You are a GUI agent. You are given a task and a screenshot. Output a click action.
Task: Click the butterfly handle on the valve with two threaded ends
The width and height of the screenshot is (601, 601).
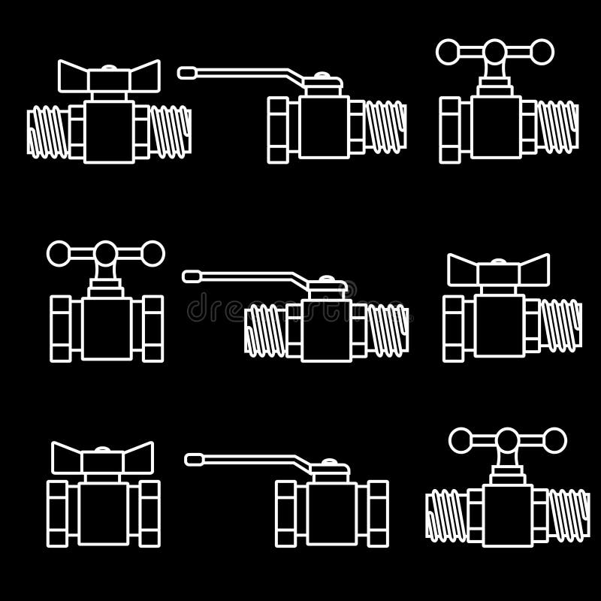point(110,76)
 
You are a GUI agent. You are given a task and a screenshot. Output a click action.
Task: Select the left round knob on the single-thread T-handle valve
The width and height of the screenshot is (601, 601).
point(448,52)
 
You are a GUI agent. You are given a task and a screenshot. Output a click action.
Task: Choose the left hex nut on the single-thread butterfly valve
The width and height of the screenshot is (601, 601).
point(454,329)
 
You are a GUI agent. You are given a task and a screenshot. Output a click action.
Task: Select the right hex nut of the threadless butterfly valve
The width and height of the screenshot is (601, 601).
point(149,513)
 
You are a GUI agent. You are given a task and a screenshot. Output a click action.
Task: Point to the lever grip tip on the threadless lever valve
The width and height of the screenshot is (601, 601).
point(195,458)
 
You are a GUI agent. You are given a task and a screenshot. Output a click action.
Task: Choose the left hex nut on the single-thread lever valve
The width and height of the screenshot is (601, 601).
point(278,128)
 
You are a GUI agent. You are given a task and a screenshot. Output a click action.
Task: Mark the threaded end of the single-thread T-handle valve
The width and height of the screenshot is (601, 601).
point(560,127)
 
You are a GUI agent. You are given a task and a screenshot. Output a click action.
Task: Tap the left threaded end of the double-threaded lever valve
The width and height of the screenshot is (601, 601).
point(264,330)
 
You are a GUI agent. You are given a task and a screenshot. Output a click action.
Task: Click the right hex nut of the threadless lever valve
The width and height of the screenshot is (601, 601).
point(378,513)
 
